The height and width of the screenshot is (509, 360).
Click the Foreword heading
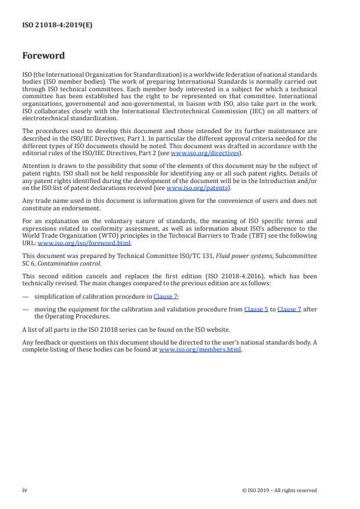(x=44, y=56)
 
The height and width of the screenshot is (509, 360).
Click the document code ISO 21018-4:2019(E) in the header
(x=49, y=26)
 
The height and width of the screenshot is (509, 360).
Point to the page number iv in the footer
(x=25, y=490)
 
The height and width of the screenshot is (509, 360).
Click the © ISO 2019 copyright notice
(x=279, y=490)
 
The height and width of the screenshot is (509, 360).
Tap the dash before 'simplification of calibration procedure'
(x=26, y=296)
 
